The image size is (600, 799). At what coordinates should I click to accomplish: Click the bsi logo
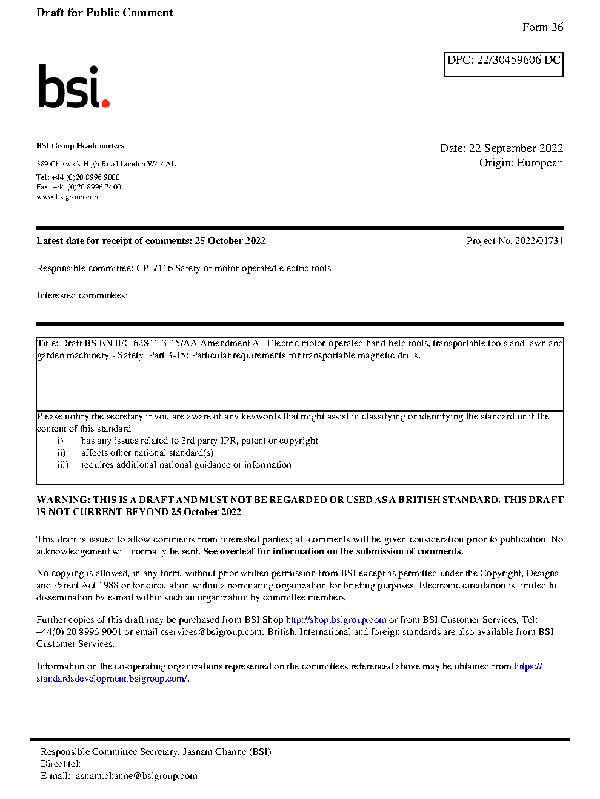[x=73, y=87]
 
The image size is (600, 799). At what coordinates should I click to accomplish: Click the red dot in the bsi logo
[x=106, y=104]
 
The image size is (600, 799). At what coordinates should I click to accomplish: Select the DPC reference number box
[x=504, y=64]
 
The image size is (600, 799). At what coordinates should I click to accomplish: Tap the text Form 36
[x=542, y=27]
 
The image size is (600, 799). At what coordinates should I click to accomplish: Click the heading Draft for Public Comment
[x=104, y=13]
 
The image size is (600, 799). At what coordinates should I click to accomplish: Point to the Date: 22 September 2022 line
[x=501, y=148]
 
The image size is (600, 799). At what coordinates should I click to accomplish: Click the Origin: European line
[x=521, y=163]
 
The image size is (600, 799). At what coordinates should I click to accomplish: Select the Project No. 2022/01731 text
[x=515, y=241]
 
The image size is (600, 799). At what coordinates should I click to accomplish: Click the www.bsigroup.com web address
[x=68, y=197]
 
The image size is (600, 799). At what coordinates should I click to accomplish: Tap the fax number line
[x=78, y=187]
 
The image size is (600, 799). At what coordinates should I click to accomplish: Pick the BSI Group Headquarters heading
[x=80, y=146]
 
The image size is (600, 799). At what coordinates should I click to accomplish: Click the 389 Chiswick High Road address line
[x=105, y=164]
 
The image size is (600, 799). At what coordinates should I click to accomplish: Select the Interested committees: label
[x=82, y=295]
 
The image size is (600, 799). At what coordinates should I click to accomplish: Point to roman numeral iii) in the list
[x=62, y=465]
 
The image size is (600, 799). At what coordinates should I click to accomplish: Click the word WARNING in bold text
[x=63, y=500]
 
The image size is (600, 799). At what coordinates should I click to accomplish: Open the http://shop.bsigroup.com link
[x=336, y=620]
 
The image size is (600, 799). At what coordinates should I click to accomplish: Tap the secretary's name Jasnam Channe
[x=214, y=752]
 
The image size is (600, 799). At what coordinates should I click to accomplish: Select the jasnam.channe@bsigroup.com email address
[x=135, y=776]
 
